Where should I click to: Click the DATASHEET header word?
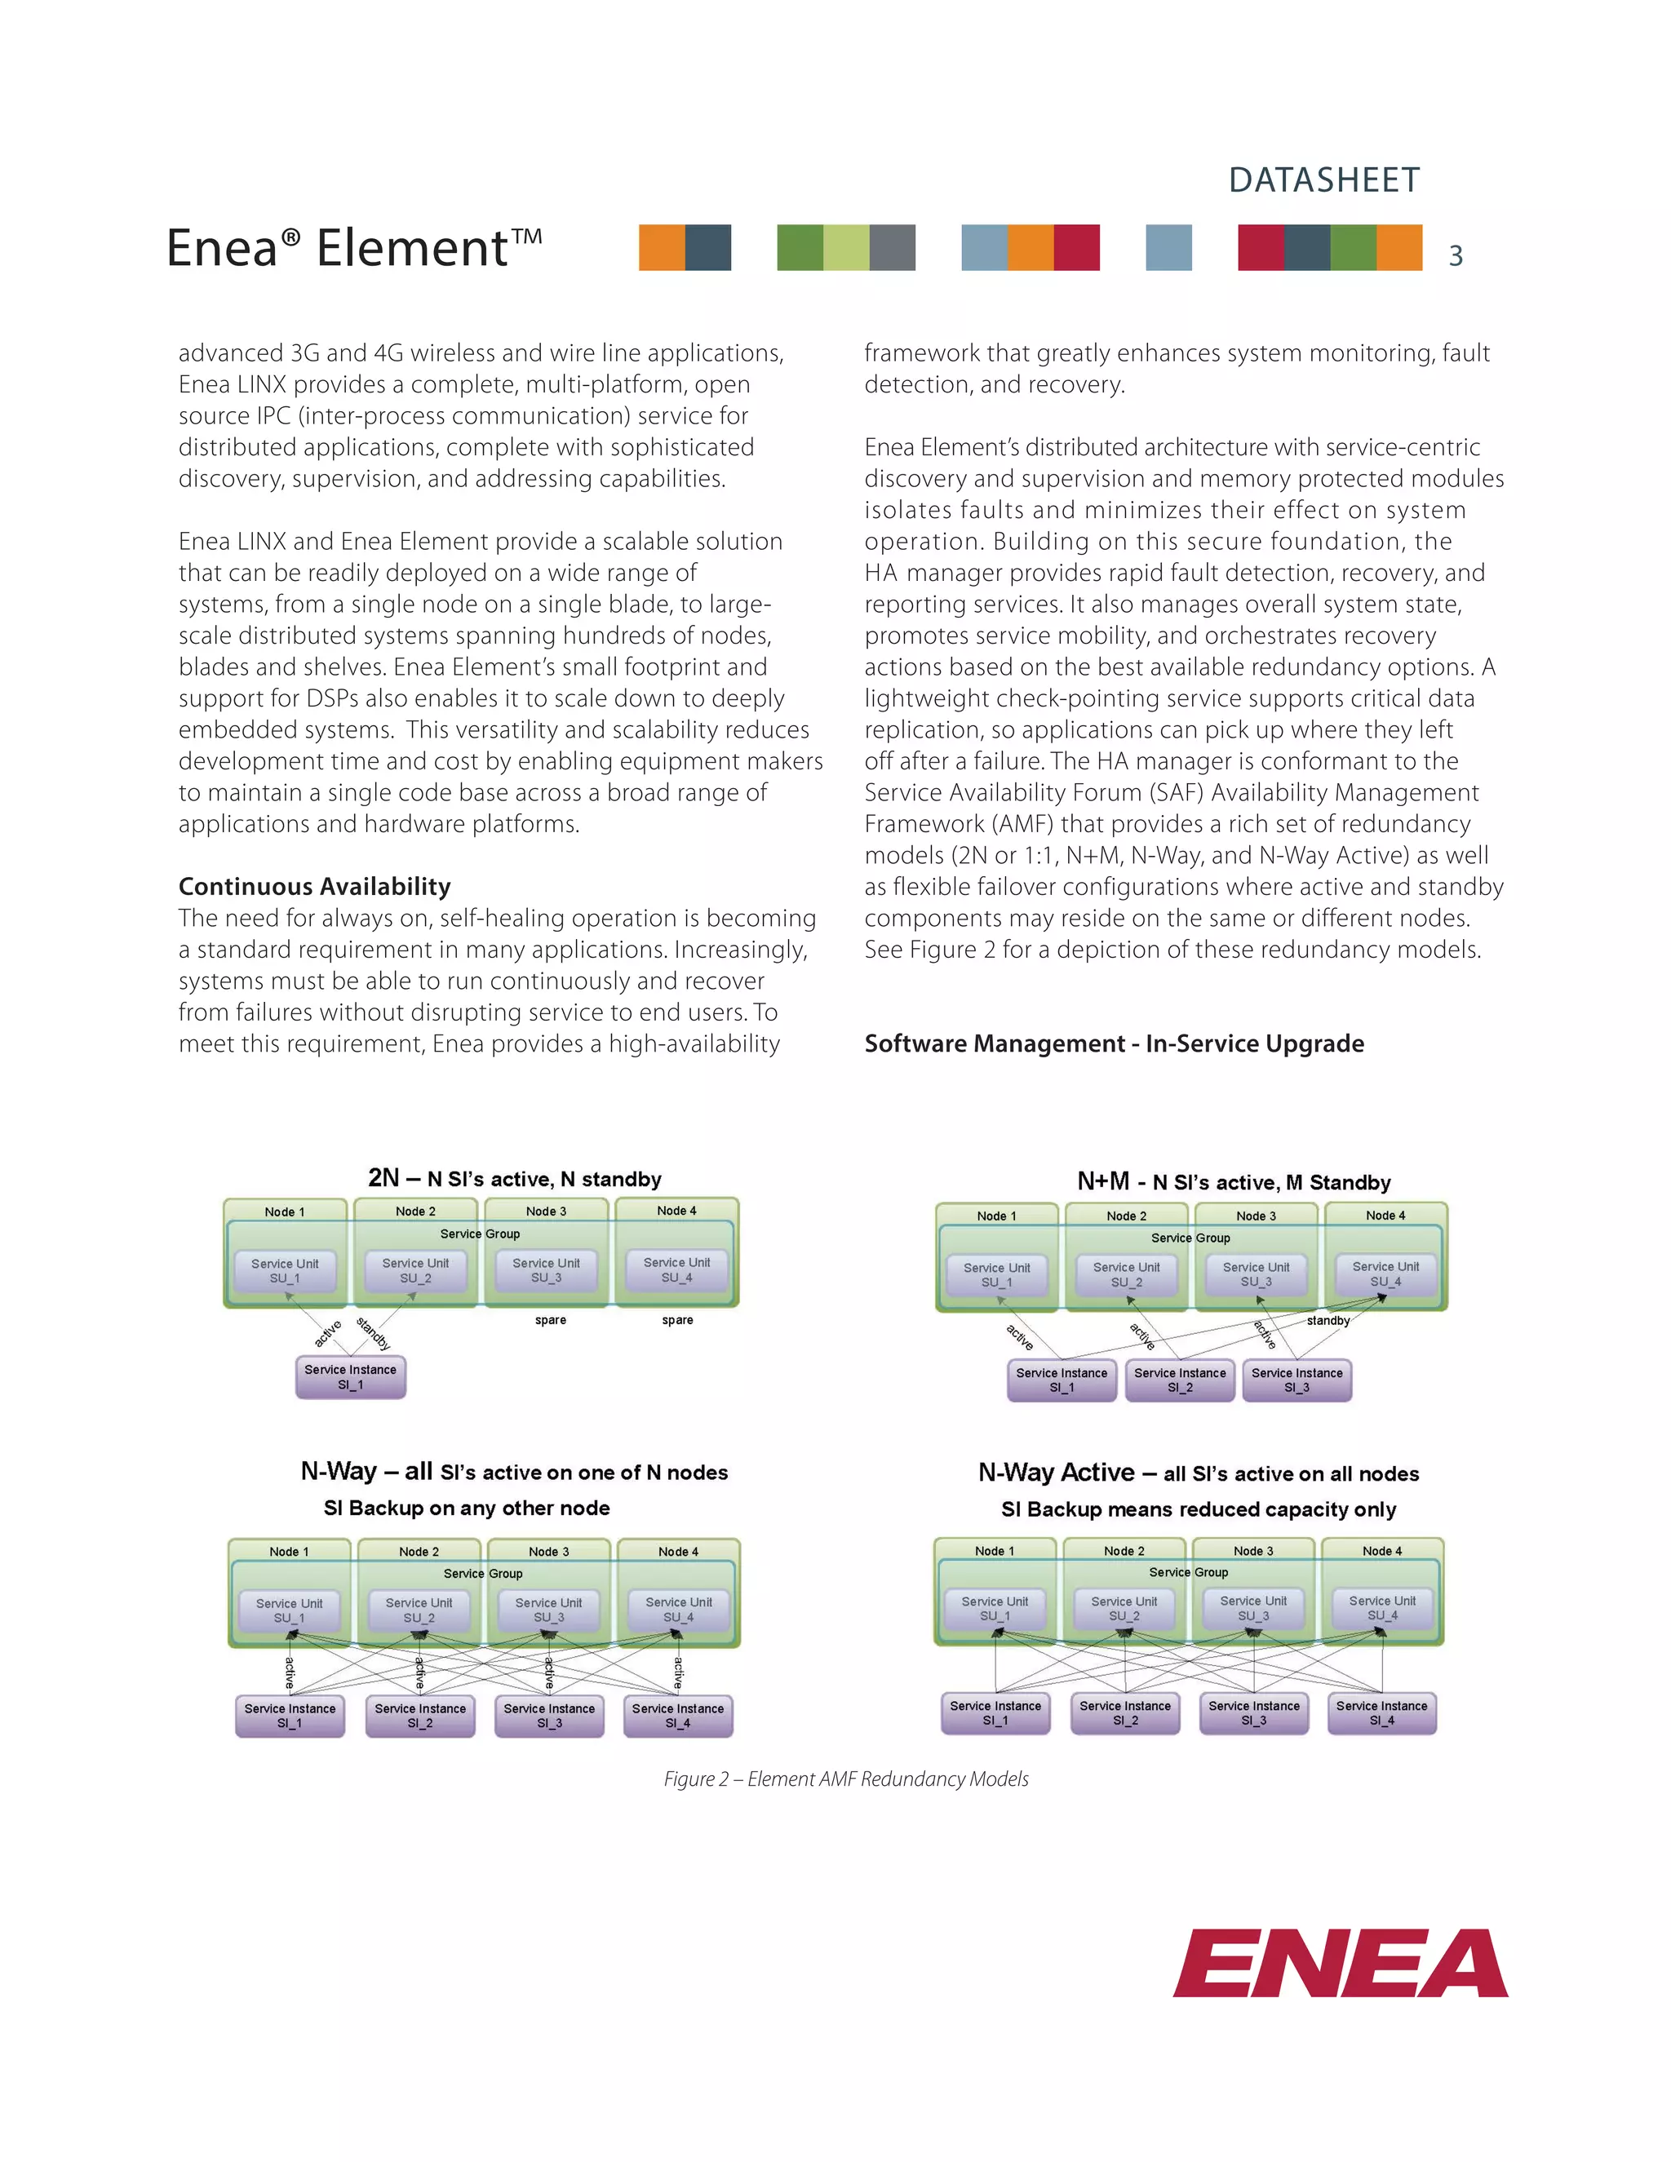pos(1323,180)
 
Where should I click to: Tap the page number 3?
pos(1456,256)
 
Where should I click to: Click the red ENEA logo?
pos(1341,1963)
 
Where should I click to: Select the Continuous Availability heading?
pos(314,886)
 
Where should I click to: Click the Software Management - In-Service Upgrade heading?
pos(1114,1043)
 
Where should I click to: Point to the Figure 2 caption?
pos(845,1779)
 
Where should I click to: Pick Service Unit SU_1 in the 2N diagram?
pos(285,1271)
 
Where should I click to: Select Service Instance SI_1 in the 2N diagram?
pos(350,1377)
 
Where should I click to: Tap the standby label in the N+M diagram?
pos(1327,1321)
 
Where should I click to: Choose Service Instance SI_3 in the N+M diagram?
pos(1296,1380)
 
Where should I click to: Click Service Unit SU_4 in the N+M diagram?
pos(1385,1274)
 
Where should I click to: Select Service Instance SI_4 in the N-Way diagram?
pos(678,1716)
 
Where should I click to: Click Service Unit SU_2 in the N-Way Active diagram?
pos(1124,1609)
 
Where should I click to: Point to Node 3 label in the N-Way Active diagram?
pos(1253,1551)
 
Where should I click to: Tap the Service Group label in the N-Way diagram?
pos(483,1573)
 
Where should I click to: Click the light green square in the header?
pos(846,247)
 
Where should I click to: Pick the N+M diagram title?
pos(1234,1182)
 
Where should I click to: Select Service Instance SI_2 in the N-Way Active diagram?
pos(1124,1712)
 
